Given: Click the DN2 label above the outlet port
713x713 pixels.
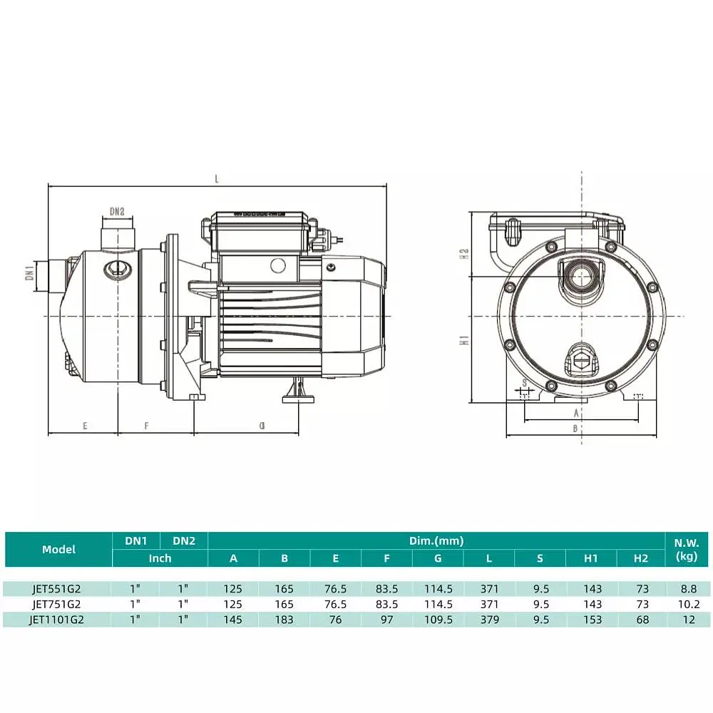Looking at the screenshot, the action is click(117, 212).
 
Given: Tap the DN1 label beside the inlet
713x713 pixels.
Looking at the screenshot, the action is click(30, 273).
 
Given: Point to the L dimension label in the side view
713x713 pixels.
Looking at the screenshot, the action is click(217, 179).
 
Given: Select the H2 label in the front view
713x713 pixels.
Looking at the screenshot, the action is click(464, 254).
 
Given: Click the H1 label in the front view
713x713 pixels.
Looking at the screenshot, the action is click(464, 340).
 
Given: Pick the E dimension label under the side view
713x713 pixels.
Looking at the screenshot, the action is click(85, 426).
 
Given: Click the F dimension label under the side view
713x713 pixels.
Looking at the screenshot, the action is click(146, 426).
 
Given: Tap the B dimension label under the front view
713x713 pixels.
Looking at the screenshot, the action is click(575, 429).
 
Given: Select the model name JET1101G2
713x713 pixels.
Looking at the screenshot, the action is click(57, 620).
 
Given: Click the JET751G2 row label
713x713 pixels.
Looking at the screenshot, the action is click(57, 605).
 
